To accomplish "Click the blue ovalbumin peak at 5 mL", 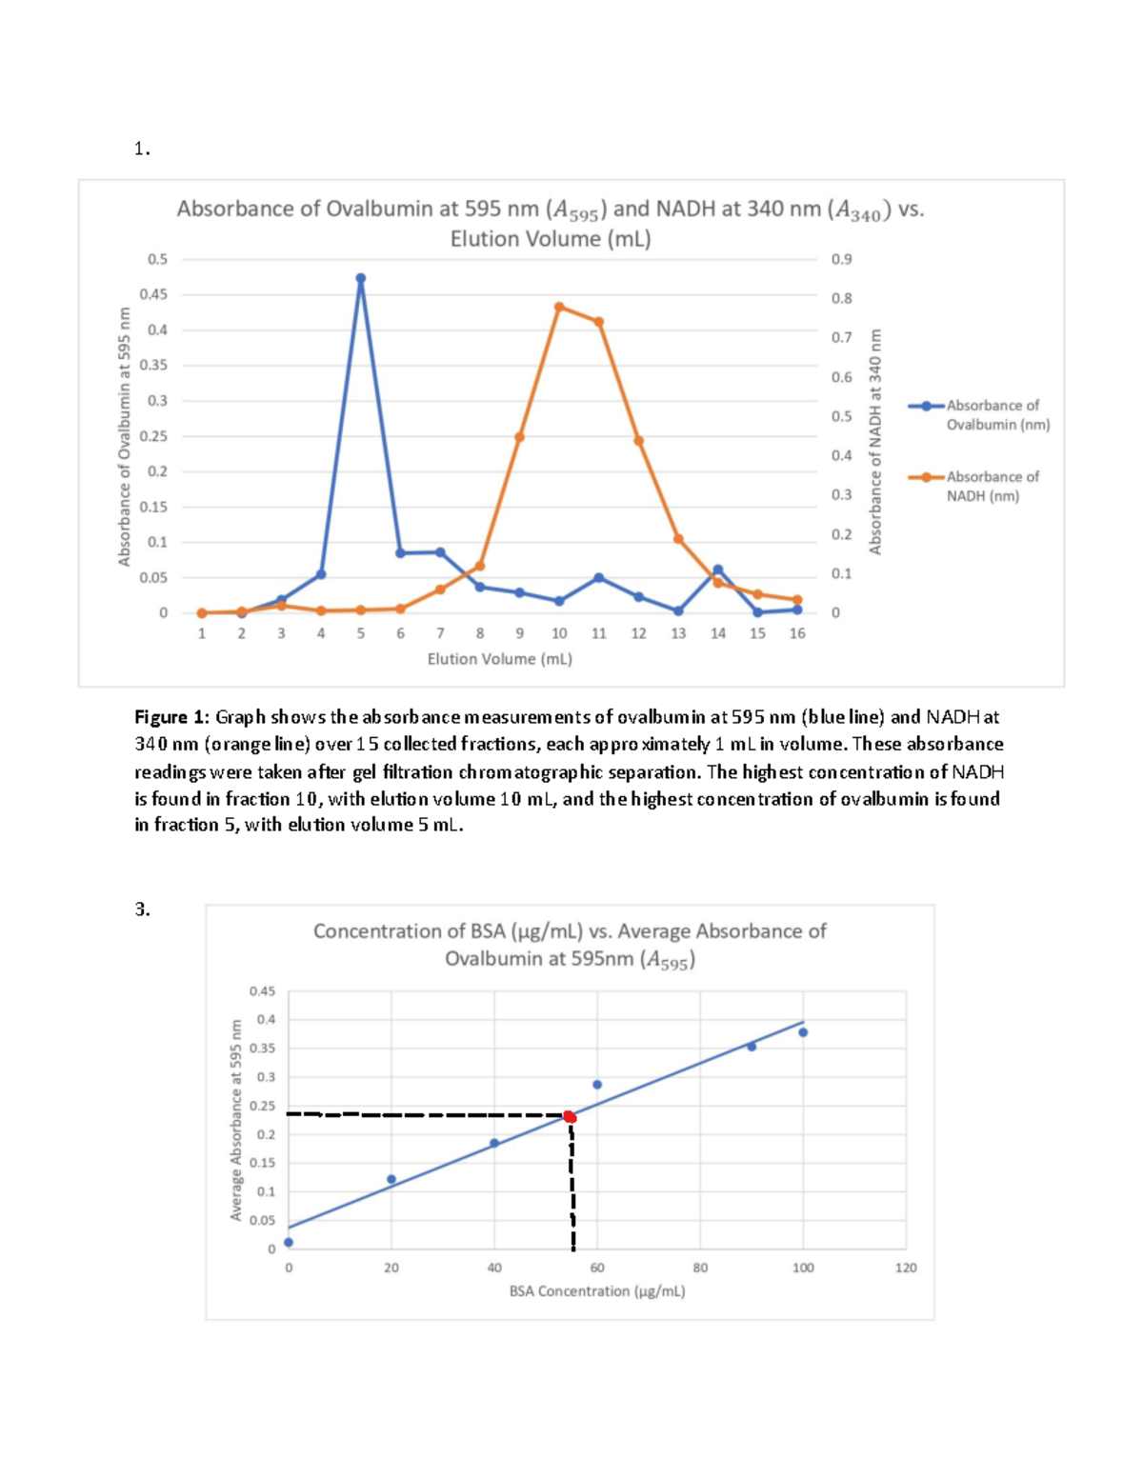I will click(360, 279).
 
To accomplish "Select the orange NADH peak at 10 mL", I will click(559, 307).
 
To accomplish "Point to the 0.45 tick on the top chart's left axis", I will click(153, 294).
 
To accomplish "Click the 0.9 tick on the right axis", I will click(841, 259).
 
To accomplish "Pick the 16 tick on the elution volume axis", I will click(797, 633).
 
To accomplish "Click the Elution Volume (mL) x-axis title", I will click(499, 659).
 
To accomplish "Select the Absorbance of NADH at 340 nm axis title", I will click(875, 441).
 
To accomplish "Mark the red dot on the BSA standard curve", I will click(569, 1117).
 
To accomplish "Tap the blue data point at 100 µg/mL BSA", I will click(803, 1032).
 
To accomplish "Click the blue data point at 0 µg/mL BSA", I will click(289, 1242).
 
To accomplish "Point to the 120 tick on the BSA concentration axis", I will click(906, 1268).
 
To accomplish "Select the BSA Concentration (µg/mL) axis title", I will click(596, 1291).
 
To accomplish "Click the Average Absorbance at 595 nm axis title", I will click(235, 1120).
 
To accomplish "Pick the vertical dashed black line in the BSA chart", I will click(572, 1186).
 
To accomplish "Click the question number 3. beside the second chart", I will click(142, 909).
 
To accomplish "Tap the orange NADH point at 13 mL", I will click(678, 539).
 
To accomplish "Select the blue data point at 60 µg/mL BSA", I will click(597, 1085).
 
